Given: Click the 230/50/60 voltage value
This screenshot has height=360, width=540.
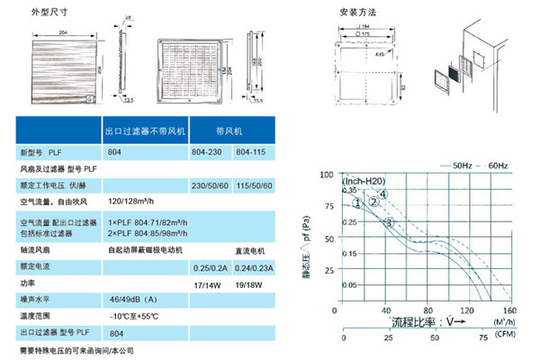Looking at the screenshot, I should coord(208,184).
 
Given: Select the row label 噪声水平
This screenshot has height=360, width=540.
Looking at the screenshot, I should coord(38,298).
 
